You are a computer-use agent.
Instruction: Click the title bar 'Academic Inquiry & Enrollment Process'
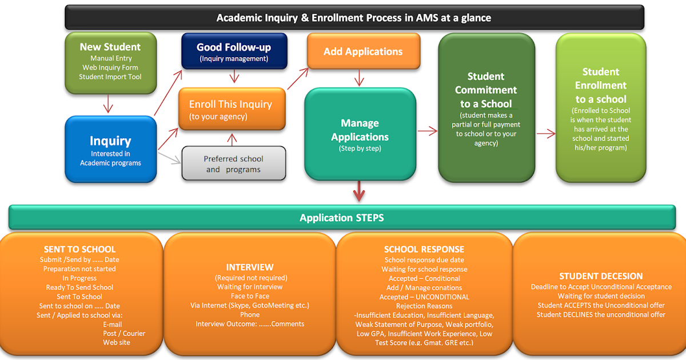353,18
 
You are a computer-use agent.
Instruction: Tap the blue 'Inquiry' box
110,149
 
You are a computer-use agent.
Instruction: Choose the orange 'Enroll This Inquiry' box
230,109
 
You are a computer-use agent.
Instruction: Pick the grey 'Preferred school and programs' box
233,163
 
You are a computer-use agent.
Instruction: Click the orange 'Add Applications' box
363,51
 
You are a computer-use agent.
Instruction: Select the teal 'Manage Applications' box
360,135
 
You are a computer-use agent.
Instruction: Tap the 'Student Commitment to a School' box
486,107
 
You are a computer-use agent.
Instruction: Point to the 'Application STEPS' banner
342,218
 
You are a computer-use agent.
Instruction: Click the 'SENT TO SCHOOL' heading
79,249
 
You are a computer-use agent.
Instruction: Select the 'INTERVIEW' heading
250,267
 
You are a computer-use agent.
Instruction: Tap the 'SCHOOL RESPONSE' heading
424,249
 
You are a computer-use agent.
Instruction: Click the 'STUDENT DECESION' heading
601,276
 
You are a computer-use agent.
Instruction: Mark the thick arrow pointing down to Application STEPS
359,191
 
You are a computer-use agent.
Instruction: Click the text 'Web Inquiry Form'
110,67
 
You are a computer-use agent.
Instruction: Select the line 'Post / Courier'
124,333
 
